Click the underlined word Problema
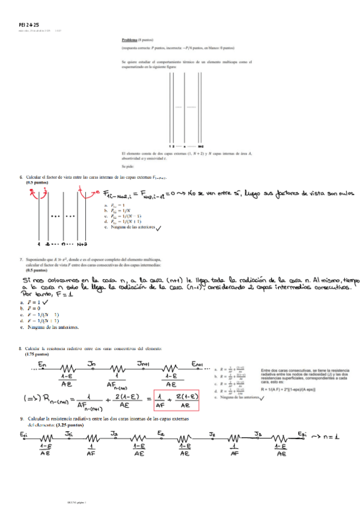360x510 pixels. (x=130, y=39)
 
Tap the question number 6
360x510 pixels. (x=21, y=177)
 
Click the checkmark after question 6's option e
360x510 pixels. (x=158, y=228)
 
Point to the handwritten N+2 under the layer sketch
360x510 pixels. (x=83, y=245)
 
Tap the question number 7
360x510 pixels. (x=21, y=259)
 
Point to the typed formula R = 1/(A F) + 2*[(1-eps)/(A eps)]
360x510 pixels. (x=296, y=390)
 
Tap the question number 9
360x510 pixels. (x=21, y=418)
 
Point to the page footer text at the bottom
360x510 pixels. (x=77, y=501)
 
